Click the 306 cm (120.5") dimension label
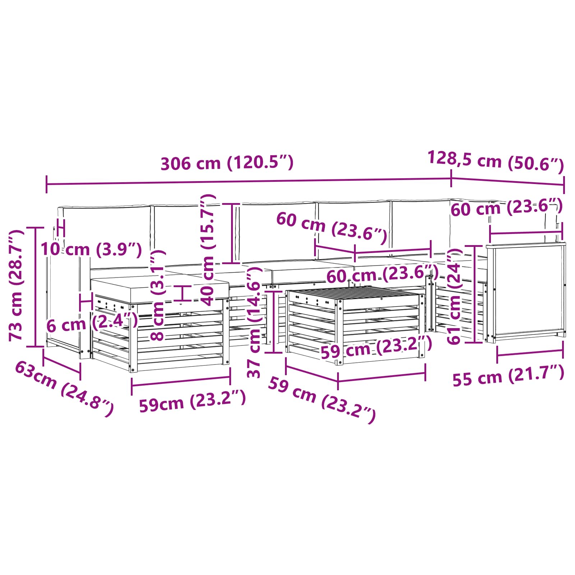pos(227,163)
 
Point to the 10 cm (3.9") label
pos(91,249)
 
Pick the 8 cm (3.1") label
pos(157,295)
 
